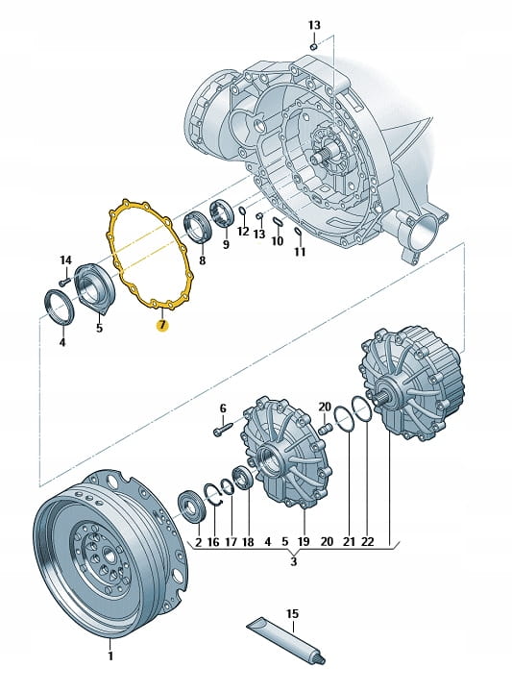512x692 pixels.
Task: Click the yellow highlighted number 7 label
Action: [162, 325]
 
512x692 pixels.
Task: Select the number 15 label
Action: [292, 613]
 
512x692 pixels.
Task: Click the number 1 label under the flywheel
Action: [110, 655]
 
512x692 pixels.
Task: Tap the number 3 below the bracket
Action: [293, 561]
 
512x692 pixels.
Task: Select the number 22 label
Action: [367, 541]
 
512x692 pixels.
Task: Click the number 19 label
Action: [304, 541]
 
